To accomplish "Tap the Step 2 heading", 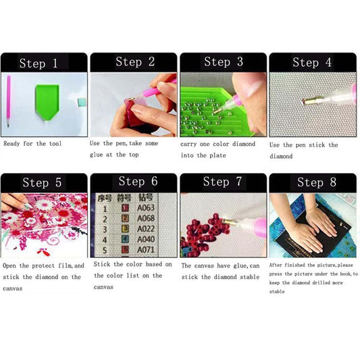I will click(x=134, y=62).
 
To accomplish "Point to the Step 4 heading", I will click(x=311, y=63).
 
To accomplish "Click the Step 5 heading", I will click(x=42, y=182).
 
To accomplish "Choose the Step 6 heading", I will click(x=138, y=181).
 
